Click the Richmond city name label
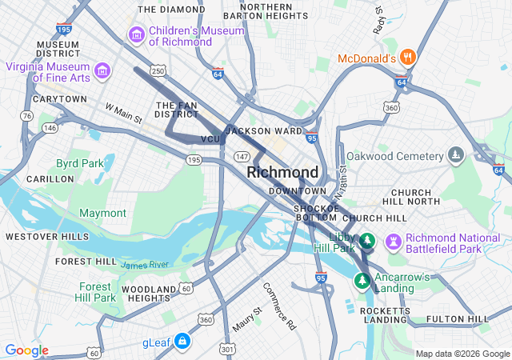pyautogui.click(x=282, y=172)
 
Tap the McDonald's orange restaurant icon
pyautogui.click(x=408, y=57)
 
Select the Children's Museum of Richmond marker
pyautogui.click(x=136, y=35)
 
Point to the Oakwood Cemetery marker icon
pyautogui.click(x=455, y=154)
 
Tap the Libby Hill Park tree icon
pyautogui.click(x=367, y=240)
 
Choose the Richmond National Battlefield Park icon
pyautogui.click(x=393, y=241)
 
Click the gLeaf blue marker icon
pyautogui.click(x=182, y=342)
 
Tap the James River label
pyautogui.click(x=145, y=265)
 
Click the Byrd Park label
pyautogui.click(x=79, y=163)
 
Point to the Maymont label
pyautogui.click(x=102, y=213)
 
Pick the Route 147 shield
pyautogui.click(x=242, y=156)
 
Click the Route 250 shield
pyautogui.click(x=159, y=72)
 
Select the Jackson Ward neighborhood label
pyautogui.click(x=264, y=130)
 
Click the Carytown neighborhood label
pyautogui.click(x=59, y=98)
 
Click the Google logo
pyautogui.click(x=26, y=350)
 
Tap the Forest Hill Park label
pyautogui.click(x=97, y=292)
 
